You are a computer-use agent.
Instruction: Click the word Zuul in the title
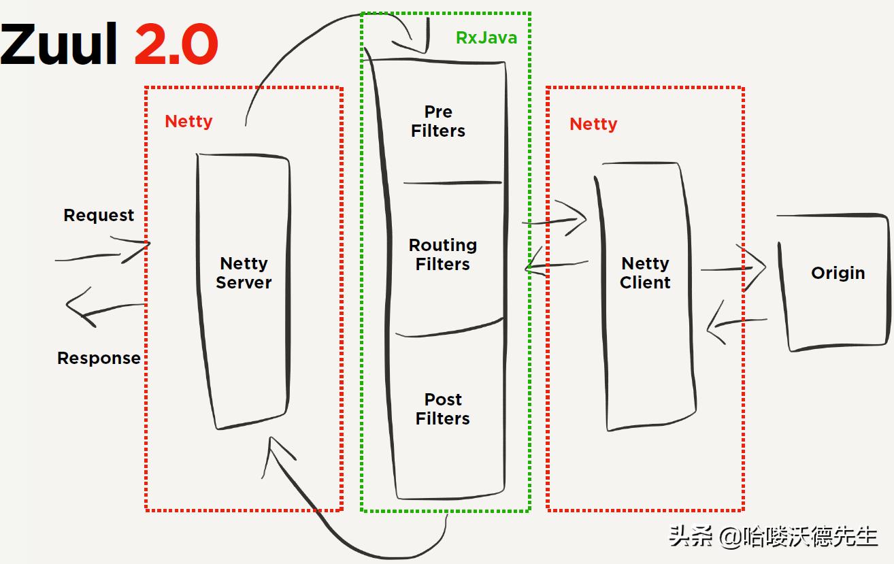point(60,45)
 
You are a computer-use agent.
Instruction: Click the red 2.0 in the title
point(176,45)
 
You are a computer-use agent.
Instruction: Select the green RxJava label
point(486,37)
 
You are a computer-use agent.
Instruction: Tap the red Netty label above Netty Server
point(188,121)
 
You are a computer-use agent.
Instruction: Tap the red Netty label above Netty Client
point(593,124)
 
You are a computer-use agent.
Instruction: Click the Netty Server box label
point(244,273)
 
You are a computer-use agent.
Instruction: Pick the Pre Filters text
point(438,121)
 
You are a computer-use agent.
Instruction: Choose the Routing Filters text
point(442,254)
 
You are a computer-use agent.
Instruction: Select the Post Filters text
point(443,409)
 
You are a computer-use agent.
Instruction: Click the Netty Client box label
point(645,273)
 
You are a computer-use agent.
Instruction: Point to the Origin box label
point(838,273)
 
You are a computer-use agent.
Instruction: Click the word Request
point(99,215)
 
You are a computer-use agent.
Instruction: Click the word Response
point(99,358)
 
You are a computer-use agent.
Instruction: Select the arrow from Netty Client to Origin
point(735,268)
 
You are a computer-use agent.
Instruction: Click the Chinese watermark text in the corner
point(773,537)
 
